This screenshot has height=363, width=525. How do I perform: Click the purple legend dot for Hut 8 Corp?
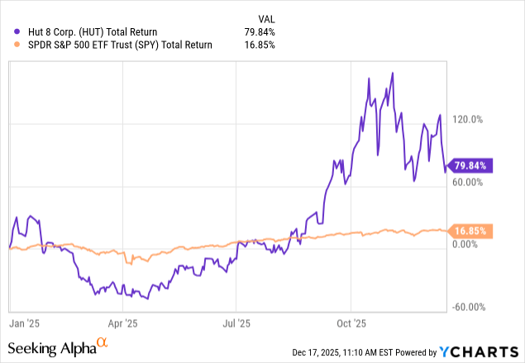click(x=8, y=31)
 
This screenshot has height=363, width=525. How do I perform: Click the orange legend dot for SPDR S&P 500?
click(x=8, y=45)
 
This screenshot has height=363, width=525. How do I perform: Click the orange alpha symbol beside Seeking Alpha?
click(x=103, y=343)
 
